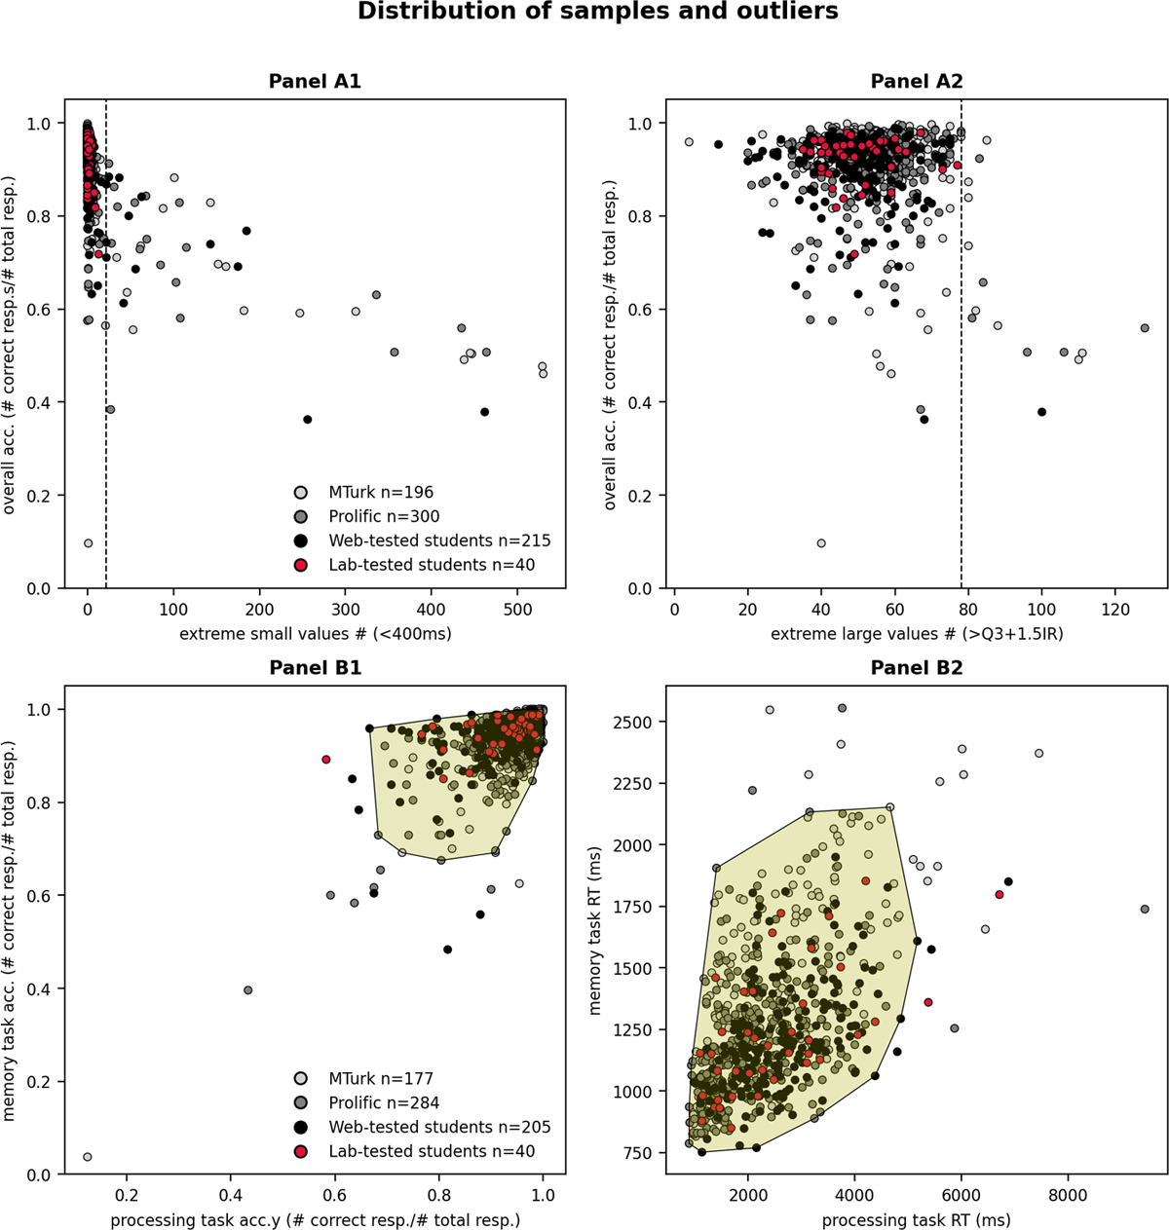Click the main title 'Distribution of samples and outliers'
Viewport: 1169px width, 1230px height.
597,13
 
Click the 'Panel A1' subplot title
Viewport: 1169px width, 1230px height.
315,82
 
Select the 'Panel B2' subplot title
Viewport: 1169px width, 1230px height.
916,669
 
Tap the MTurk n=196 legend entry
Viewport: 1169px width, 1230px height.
380,493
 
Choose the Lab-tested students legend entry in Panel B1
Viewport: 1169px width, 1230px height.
432,1151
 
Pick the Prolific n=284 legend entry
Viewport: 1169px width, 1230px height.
383,1103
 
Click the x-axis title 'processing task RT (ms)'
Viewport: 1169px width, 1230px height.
916,1220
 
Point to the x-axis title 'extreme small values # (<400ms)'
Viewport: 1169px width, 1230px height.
315,634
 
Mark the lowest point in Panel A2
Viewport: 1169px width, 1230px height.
821,543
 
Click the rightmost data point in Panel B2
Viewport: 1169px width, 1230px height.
1145,909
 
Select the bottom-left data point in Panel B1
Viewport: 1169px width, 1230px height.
87,1157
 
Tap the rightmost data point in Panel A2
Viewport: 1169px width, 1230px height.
1145,328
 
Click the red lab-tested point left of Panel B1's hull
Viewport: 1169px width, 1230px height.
326,760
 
